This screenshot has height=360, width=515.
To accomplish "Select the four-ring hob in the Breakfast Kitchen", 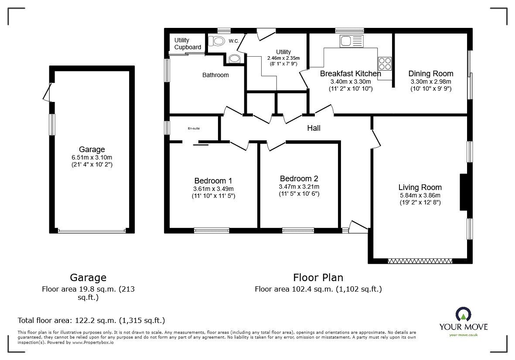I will [x=385, y=64].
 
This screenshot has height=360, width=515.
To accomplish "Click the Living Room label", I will [x=420, y=187].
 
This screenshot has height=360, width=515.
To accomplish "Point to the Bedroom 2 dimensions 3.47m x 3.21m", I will [x=299, y=187].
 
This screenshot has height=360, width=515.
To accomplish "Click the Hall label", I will [x=314, y=128].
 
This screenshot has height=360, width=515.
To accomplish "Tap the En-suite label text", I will [x=194, y=129].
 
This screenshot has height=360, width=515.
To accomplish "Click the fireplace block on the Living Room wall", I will [x=463, y=192].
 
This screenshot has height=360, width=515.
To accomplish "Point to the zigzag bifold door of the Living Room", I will [x=420, y=261].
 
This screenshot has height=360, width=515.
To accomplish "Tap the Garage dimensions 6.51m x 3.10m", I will [x=92, y=157].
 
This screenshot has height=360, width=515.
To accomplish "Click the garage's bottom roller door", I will [x=92, y=231].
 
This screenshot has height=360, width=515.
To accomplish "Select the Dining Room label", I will [x=430, y=74].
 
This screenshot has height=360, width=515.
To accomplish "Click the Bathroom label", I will [x=215, y=75].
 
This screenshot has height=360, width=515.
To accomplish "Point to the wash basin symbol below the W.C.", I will [x=234, y=58].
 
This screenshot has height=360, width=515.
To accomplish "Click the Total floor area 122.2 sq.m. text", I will [x=91, y=320].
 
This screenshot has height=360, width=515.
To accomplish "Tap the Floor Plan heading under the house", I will [x=318, y=278].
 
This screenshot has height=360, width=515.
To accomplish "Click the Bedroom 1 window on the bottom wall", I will [x=211, y=230].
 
